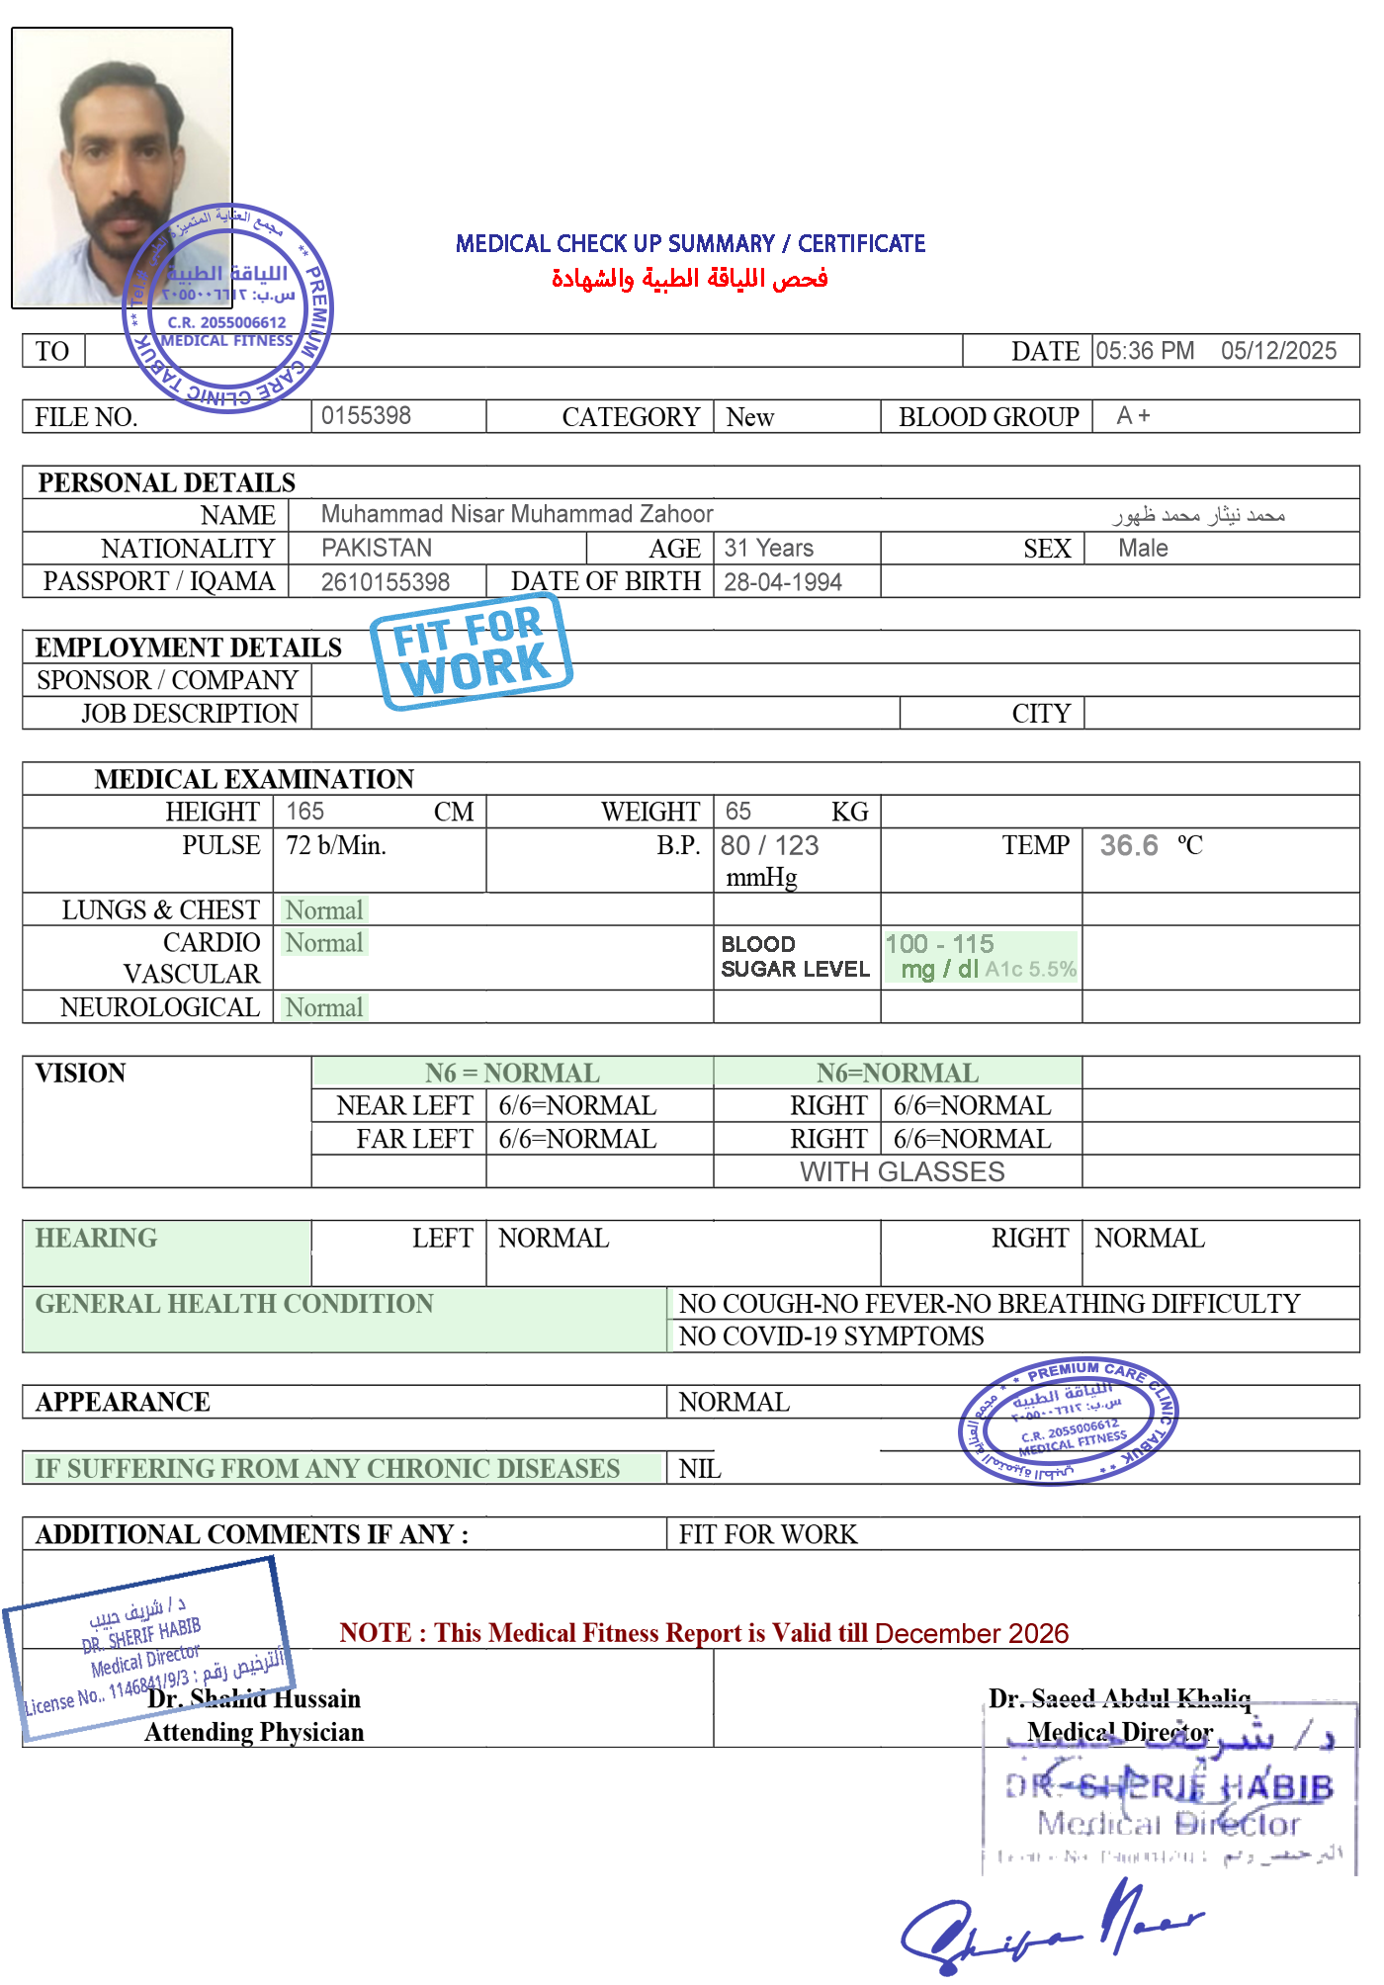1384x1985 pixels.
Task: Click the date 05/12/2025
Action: tap(1278, 351)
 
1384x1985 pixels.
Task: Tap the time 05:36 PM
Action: tap(1145, 351)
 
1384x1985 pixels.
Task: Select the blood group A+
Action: tap(1133, 416)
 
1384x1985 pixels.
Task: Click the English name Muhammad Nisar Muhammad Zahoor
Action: tap(517, 514)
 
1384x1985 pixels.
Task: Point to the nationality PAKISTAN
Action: tap(377, 548)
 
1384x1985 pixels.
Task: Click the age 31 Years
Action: tap(768, 548)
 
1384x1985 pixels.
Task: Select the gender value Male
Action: tap(1143, 548)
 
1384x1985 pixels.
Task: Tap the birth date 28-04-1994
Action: tap(782, 582)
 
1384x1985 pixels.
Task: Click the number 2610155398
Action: tap(385, 582)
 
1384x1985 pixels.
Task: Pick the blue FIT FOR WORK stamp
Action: tap(472, 648)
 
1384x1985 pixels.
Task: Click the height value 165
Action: tap(304, 812)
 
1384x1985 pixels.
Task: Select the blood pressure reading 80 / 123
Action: tap(770, 846)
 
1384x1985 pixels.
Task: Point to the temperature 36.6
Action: tap(1129, 846)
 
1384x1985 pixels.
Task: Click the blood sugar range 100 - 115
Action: tap(939, 944)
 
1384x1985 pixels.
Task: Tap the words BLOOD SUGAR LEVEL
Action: tap(795, 957)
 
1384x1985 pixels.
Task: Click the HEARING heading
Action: tap(96, 1239)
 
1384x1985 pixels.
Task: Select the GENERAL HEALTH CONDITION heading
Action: tap(234, 1304)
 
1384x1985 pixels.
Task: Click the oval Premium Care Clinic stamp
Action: tap(1068, 1421)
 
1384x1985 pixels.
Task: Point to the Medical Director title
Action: tap(1119, 1732)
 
